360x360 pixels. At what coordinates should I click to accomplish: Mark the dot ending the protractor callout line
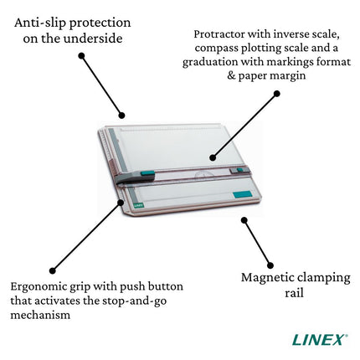[213, 157]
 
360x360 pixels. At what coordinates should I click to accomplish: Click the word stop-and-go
[140, 301]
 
